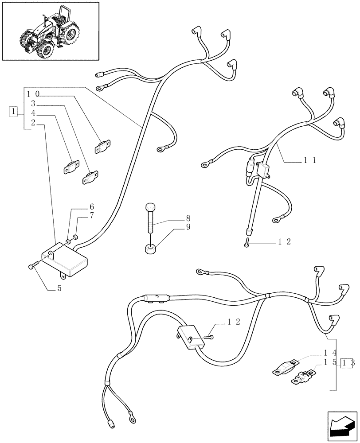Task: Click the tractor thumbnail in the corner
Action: coord(50,31)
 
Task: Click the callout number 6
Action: coord(92,206)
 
